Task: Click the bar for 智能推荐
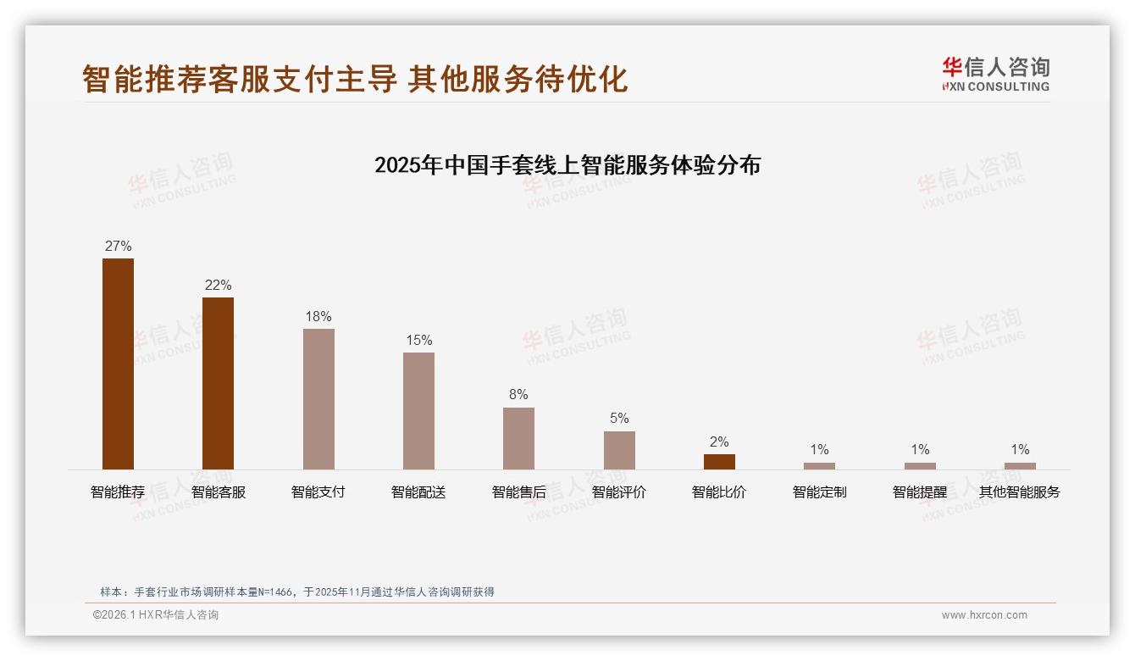[118, 364]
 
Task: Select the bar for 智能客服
[218, 383]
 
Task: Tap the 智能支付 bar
[318, 398]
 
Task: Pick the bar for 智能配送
[418, 410]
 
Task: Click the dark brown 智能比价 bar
[719, 461]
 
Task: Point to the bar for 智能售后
[518, 438]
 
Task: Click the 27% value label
[118, 247]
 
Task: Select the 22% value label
[218, 286]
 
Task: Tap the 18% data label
[318, 317]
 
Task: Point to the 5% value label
[619, 419]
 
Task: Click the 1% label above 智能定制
[819, 450]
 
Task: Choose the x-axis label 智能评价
[619, 492]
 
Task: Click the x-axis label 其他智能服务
[1020, 492]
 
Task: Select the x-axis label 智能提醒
[920, 492]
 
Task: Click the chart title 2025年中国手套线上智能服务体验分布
[567, 165]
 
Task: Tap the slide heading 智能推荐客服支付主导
[240, 79]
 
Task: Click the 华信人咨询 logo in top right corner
[995, 74]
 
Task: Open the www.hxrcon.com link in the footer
[984, 615]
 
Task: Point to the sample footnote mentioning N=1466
[296, 592]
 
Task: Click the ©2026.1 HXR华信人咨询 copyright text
[156, 615]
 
